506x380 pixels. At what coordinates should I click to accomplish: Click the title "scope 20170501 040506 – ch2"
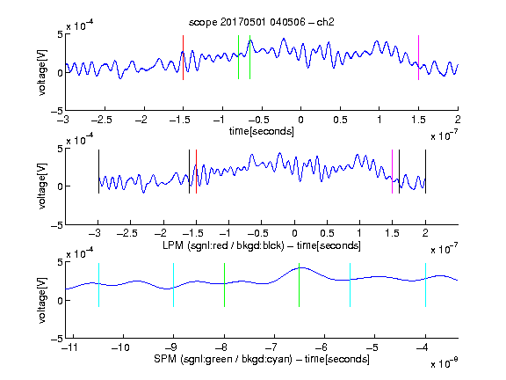262,22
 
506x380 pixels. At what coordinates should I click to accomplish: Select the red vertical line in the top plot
183,57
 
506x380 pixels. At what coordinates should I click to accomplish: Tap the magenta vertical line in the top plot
418,57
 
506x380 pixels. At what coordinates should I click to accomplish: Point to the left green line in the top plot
238,57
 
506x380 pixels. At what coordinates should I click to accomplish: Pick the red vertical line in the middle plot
196,172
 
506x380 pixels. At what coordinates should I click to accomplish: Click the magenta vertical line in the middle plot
392,172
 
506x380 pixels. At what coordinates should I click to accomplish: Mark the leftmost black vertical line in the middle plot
98,172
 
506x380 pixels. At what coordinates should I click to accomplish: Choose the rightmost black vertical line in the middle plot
425,172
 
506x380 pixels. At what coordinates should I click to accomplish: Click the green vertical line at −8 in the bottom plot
224,285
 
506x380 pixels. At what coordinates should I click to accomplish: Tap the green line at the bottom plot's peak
300,285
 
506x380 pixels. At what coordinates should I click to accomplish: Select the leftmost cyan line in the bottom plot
98,285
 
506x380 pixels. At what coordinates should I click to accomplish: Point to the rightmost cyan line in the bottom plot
425,285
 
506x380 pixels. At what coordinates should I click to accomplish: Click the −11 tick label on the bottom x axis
71,347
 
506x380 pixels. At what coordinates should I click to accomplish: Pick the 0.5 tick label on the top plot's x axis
340,120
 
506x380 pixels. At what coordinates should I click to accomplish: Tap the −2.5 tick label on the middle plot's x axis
127,233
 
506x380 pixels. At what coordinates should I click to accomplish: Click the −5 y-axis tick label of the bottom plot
57,339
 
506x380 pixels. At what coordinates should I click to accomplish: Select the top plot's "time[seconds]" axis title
262,131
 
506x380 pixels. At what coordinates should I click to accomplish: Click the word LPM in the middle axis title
173,245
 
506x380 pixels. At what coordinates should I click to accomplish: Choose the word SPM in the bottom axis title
165,359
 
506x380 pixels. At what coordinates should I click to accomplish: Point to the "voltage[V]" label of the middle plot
42,186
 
